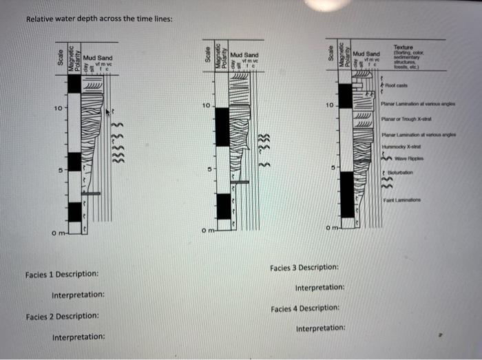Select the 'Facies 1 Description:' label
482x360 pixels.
[x=62, y=274]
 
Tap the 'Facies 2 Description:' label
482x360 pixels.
[x=62, y=317]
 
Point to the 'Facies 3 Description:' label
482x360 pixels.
[x=304, y=266]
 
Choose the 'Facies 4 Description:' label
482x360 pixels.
[x=304, y=308]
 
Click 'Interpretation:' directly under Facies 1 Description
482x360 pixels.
[x=78, y=295]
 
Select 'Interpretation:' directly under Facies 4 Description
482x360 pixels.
[x=320, y=329]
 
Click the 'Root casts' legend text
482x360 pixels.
[x=397, y=85]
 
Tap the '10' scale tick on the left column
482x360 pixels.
[x=59, y=109]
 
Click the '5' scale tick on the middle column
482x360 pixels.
[x=207, y=168]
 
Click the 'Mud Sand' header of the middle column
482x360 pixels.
[x=244, y=54]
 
